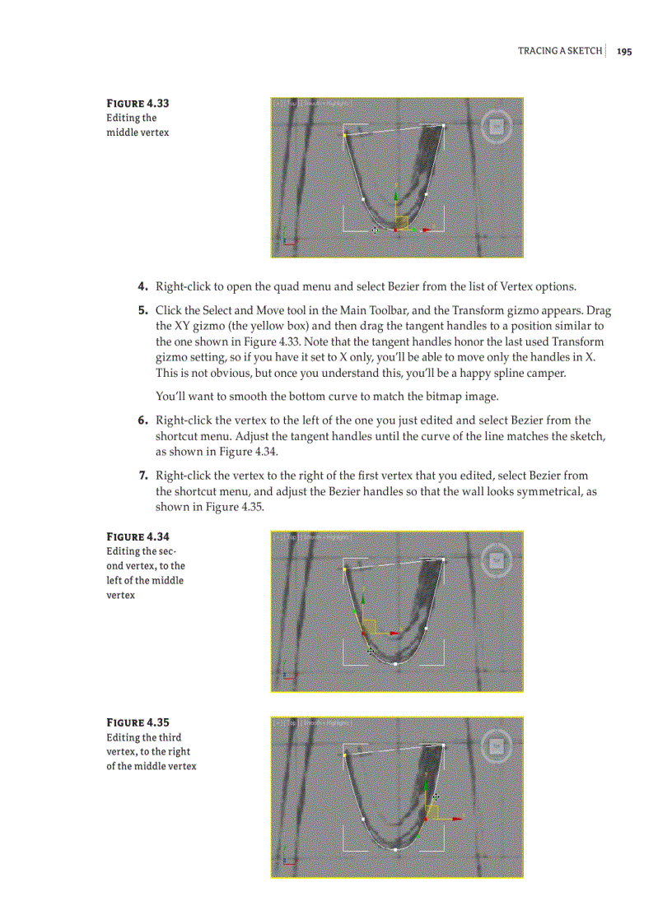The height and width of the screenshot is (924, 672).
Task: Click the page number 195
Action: [623, 51]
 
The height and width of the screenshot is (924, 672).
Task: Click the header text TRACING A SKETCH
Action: [559, 51]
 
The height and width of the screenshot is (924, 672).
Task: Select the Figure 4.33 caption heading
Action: [138, 104]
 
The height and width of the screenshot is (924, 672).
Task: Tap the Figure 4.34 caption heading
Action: [138, 537]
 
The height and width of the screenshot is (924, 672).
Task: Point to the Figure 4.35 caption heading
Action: [138, 723]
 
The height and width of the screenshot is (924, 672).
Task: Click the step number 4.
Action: [142, 286]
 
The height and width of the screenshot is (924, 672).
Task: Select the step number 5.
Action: [142, 311]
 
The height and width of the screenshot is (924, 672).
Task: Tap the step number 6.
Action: [142, 420]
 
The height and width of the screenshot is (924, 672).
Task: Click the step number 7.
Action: [142, 476]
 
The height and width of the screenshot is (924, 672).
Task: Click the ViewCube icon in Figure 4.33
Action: [496, 127]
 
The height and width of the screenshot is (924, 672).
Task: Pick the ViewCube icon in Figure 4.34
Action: [496, 560]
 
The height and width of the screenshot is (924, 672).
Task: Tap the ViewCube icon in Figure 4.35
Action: [496, 746]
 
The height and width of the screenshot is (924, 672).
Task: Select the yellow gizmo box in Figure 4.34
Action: [369, 626]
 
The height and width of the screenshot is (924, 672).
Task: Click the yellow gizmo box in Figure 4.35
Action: [432, 812]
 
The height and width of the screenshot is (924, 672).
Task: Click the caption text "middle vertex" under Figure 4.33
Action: [138, 132]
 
